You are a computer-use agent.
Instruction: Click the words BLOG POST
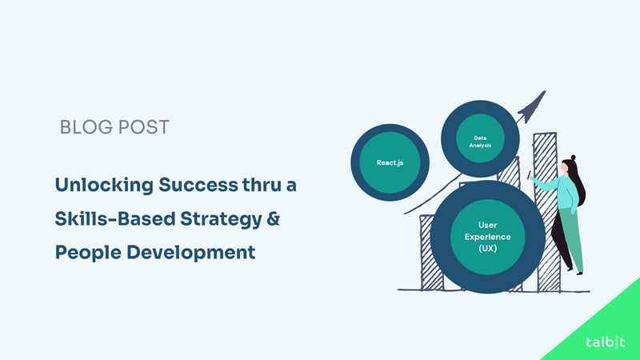114,127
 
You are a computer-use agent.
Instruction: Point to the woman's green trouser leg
570,240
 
